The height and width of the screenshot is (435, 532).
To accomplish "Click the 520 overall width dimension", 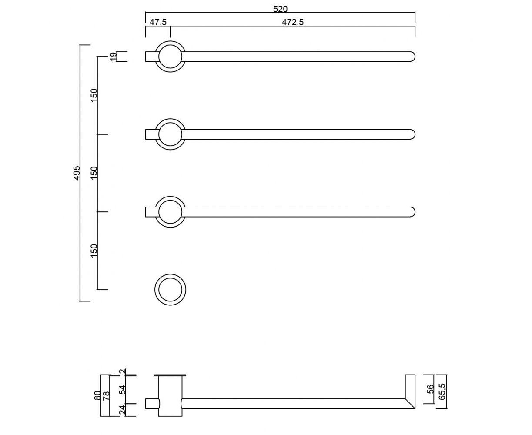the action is [x=280, y=9].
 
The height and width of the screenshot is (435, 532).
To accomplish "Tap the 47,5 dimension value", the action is [x=158, y=22].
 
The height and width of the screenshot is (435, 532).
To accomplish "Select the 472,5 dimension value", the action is [x=293, y=22].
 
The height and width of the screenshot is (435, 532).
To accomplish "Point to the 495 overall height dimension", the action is [x=77, y=173].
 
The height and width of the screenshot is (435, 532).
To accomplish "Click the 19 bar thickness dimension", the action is [x=113, y=56].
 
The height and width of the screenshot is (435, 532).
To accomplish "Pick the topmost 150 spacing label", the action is [x=94, y=95].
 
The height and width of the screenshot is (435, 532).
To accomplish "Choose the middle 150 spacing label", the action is [x=94, y=173].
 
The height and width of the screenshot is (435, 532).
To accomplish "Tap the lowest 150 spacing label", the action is [x=94, y=251].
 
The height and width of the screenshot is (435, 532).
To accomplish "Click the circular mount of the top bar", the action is [x=170, y=41].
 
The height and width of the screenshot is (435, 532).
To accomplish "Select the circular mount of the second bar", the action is [x=170, y=119].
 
